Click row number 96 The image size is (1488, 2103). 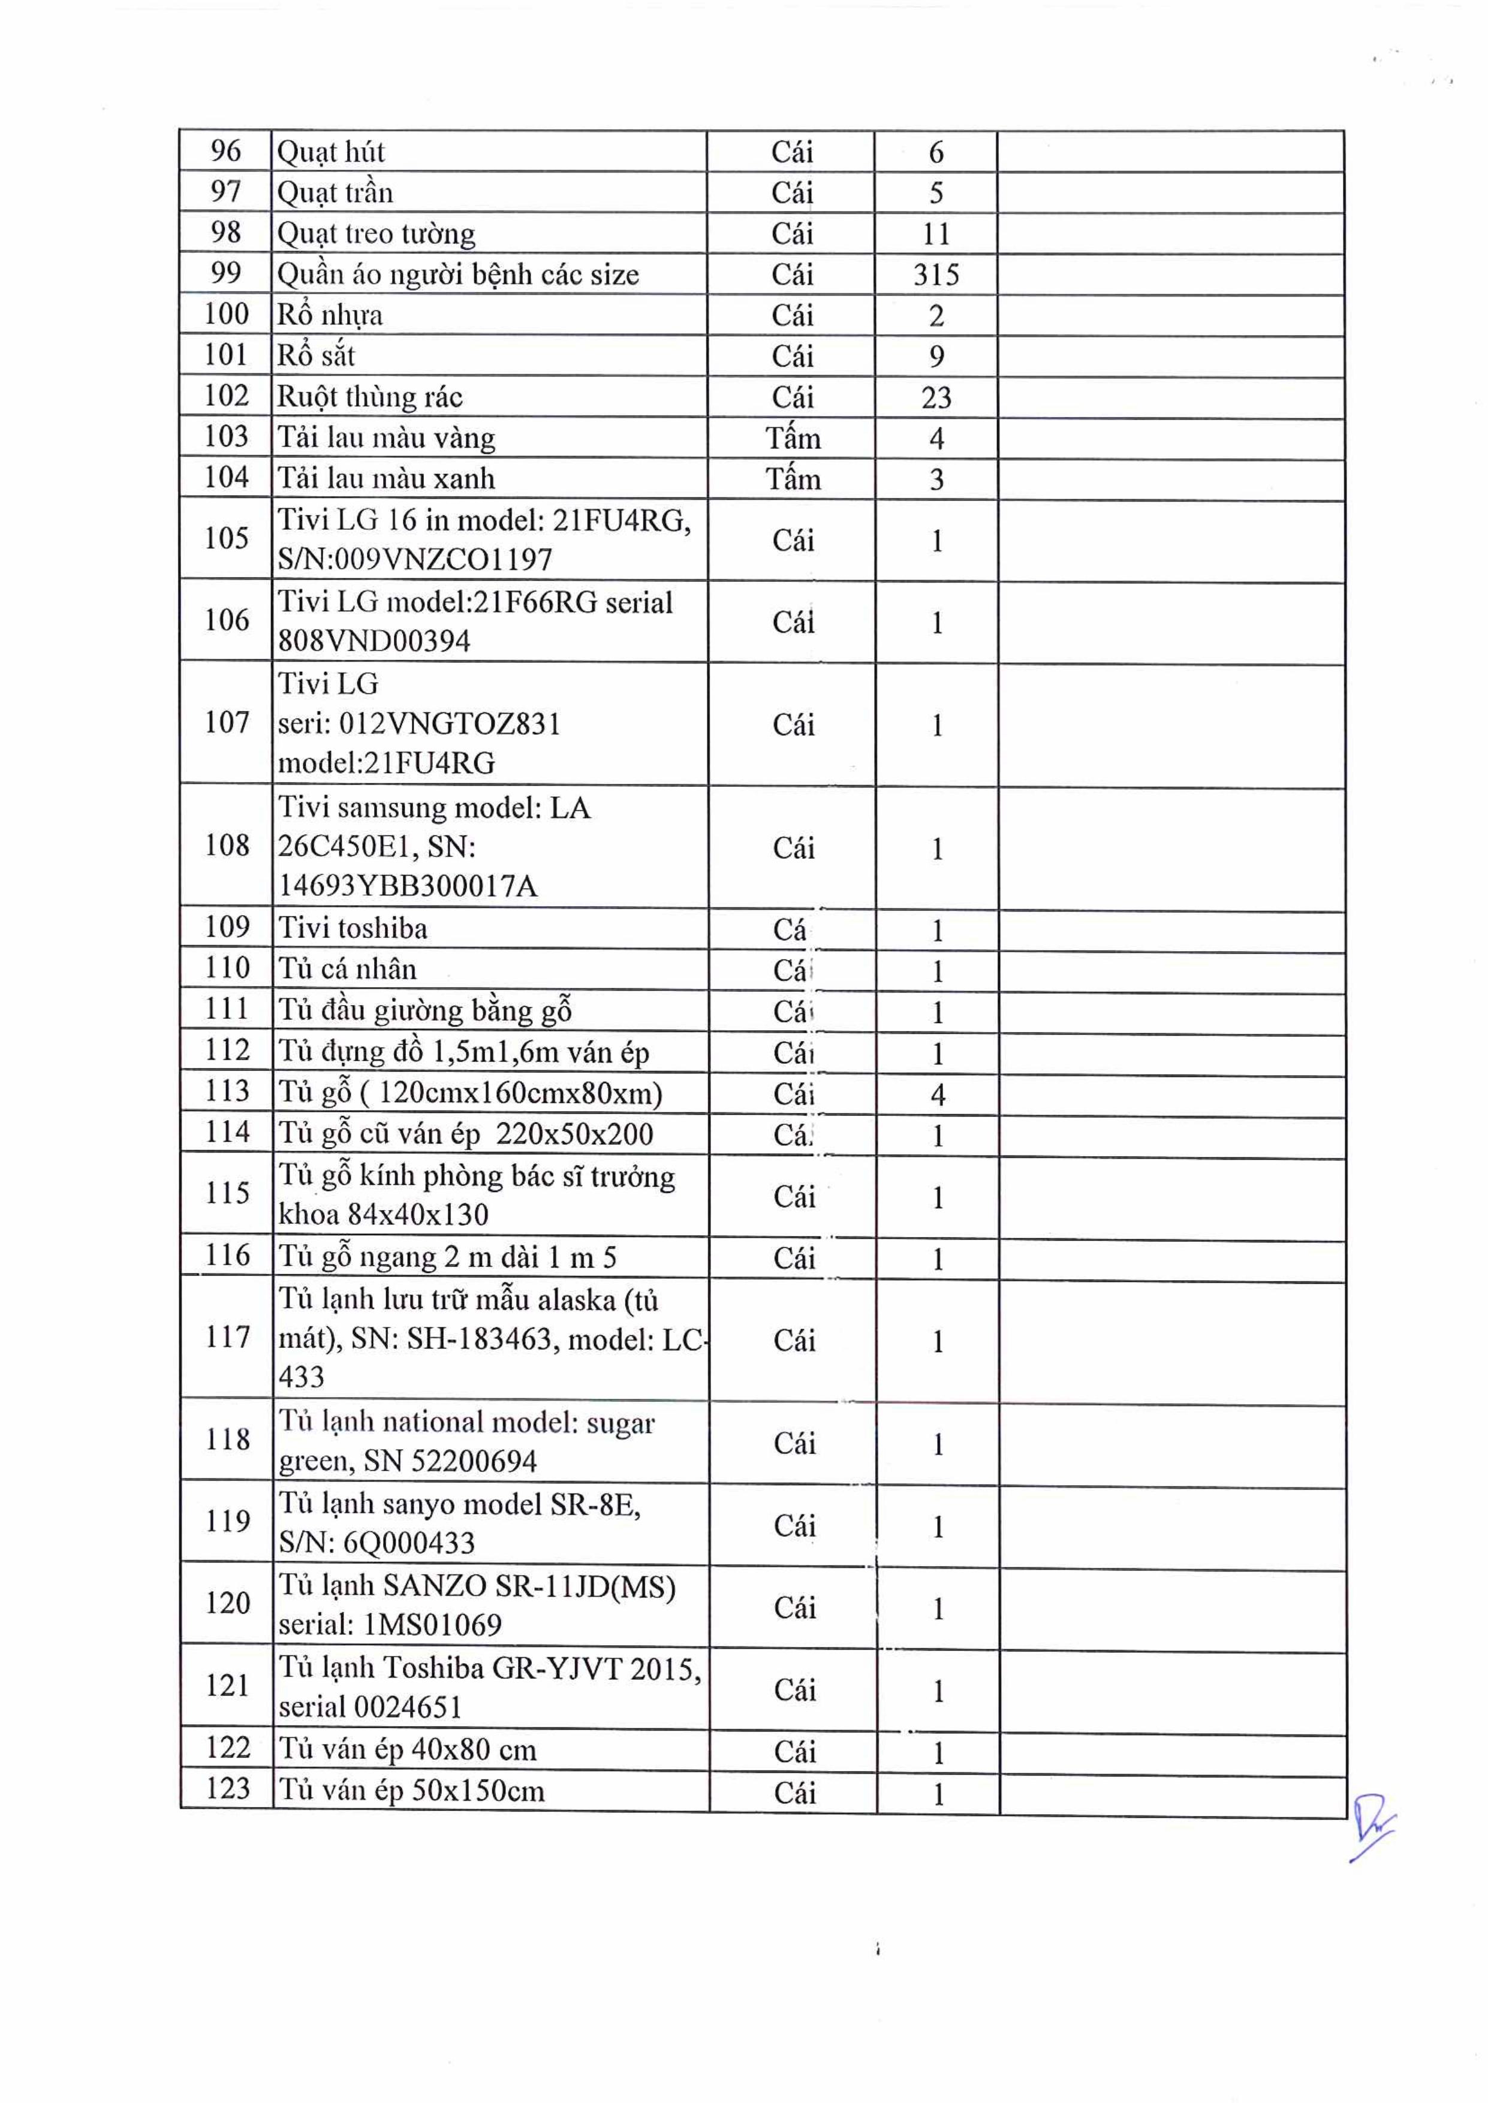coord(225,151)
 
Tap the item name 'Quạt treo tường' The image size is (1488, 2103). coord(376,234)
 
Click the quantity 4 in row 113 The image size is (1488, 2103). coord(937,1094)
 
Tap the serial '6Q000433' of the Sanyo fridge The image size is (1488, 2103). coord(409,1543)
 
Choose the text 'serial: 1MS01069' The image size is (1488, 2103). coord(390,1625)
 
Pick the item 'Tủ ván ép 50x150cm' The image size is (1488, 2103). coord(411,1791)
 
